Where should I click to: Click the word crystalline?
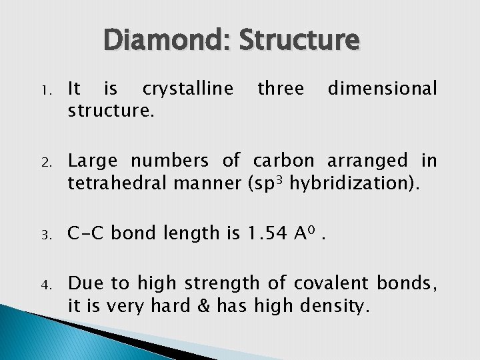click(x=188, y=89)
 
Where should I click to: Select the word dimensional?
click(x=383, y=88)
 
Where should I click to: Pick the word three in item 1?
click(x=281, y=88)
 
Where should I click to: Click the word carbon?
click(x=283, y=161)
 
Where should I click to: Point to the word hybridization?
click(x=351, y=183)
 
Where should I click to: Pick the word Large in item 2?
click(x=93, y=161)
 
